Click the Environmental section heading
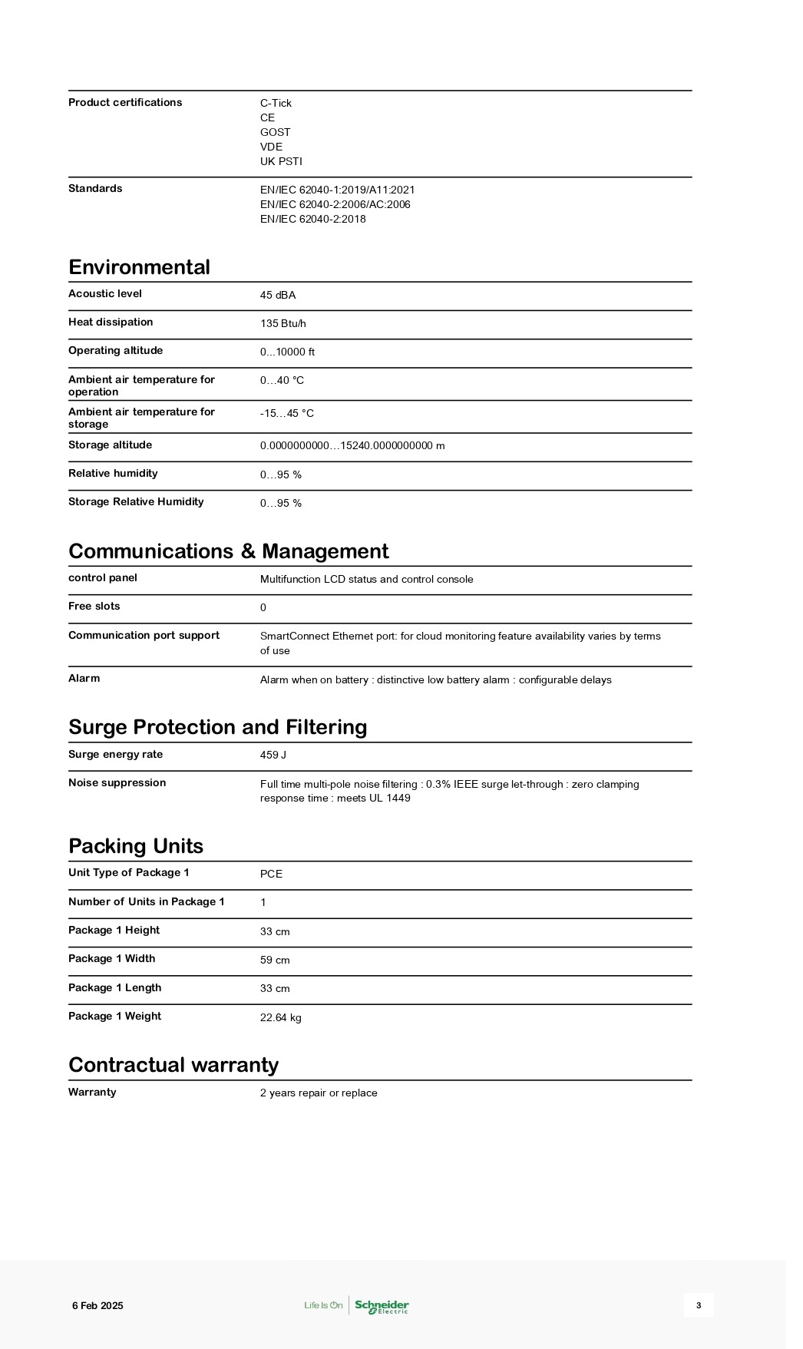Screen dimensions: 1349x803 point(139,267)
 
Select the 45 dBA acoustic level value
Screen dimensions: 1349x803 point(278,296)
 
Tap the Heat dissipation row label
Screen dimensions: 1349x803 point(111,322)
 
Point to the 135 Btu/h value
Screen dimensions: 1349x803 point(283,324)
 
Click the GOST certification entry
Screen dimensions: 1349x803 point(275,132)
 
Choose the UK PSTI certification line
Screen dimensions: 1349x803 point(281,161)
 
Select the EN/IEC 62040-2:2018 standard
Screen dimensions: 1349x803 point(312,219)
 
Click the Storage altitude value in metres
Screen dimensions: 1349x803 point(352,446)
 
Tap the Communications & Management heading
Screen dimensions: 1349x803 point(228,551)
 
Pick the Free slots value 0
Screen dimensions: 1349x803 point(263,608)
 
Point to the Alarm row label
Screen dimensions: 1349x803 point(84,679)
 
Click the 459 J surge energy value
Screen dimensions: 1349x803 point(273,756)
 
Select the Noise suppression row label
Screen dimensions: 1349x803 point(117,783)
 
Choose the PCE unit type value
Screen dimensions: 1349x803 point(271,875)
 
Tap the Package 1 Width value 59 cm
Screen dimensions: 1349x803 point(275,961)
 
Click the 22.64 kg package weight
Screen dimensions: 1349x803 point(281,1018)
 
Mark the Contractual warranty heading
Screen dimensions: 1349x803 point(173,1065)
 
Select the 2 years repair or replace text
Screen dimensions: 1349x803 point(319,1093)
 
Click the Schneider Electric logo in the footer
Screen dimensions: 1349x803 point(382,1306)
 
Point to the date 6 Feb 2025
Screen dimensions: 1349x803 point(97,1306)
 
